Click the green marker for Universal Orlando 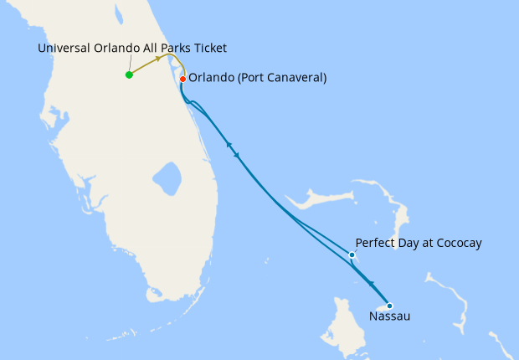pos(129,75)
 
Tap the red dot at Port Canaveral pos(182,80)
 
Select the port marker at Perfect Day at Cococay pos(352,255)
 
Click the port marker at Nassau pos(389,306)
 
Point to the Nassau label pos(389,317)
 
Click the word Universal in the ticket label pos(64,49)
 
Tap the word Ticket pos(208,49)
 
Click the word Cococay pos(455,244)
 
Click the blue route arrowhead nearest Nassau pos(371,285)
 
